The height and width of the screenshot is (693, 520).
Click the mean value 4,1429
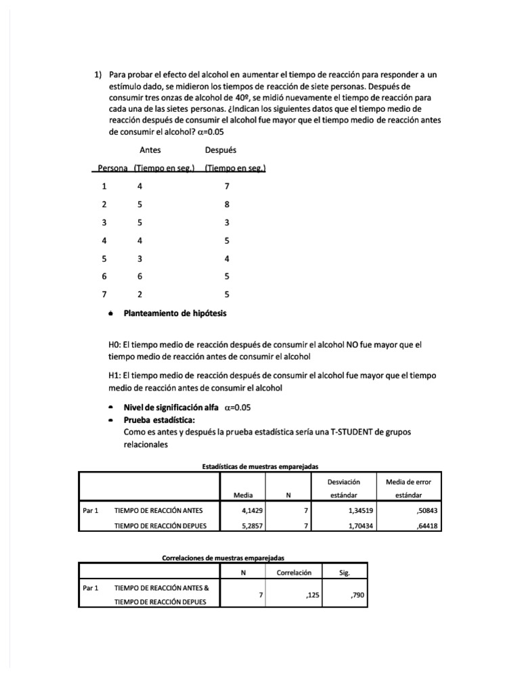tap(252, 511)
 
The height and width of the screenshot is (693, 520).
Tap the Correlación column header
tap(294, 572)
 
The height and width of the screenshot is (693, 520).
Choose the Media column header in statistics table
tap(242, 495)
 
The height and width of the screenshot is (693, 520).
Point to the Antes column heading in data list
tap(150, 150)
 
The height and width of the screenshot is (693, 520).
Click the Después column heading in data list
tap(220, 150)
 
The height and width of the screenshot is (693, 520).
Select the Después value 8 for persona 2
tap(227, 204)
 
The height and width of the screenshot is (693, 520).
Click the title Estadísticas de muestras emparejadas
tap(260, 466)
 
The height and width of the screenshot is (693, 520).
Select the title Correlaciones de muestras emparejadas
tap(223, 558)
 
